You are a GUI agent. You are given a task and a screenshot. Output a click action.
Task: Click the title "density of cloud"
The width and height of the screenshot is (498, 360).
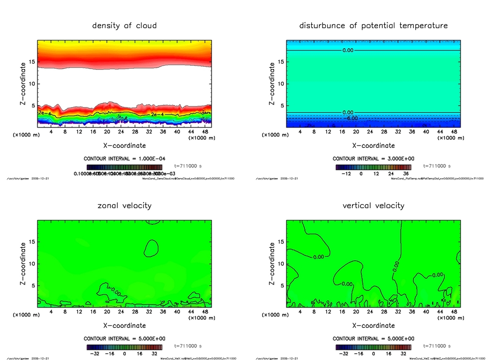[124, 25]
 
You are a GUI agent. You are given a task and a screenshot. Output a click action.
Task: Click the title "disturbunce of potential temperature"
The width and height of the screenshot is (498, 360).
[373, 25]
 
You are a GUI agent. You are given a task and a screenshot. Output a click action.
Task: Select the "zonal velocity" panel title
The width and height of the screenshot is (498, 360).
[124, 205]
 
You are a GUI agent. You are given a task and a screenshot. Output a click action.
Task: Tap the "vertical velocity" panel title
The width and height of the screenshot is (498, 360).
[373, 205]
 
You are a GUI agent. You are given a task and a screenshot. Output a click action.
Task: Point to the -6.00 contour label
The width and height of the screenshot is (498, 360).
[351, 118]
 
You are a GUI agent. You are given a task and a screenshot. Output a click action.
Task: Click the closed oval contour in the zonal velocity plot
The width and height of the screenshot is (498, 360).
[151, 248]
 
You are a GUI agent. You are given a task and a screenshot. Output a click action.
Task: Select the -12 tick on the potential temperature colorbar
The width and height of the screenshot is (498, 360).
[347, 173]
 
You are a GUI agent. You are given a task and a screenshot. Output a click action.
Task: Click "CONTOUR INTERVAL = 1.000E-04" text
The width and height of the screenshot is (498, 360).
[124, 159]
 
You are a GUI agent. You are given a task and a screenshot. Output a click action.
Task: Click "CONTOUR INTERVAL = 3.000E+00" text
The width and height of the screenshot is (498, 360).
[373, 159]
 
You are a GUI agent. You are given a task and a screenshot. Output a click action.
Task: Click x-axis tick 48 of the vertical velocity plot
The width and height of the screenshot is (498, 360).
[454, 312]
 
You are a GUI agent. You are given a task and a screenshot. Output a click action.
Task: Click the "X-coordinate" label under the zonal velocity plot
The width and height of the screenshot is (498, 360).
[124, 325]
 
